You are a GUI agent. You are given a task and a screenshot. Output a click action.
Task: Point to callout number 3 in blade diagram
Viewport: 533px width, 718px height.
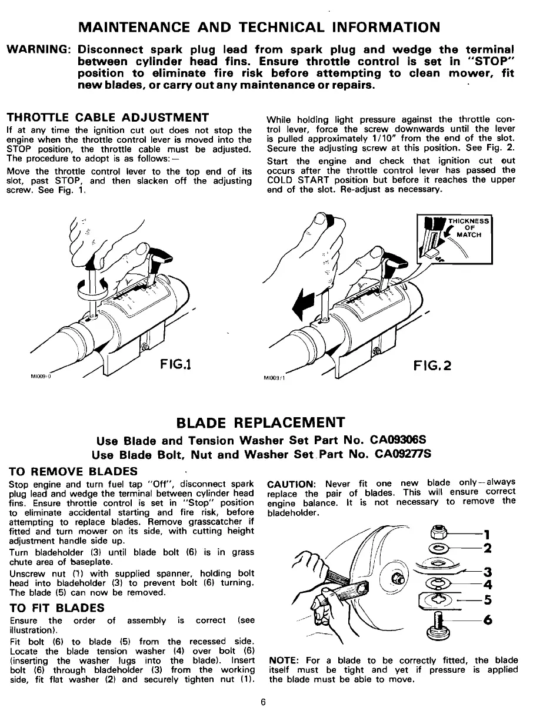point(487,572)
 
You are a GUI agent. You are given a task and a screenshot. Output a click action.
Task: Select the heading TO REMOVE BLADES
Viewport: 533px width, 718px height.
point(74,471)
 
